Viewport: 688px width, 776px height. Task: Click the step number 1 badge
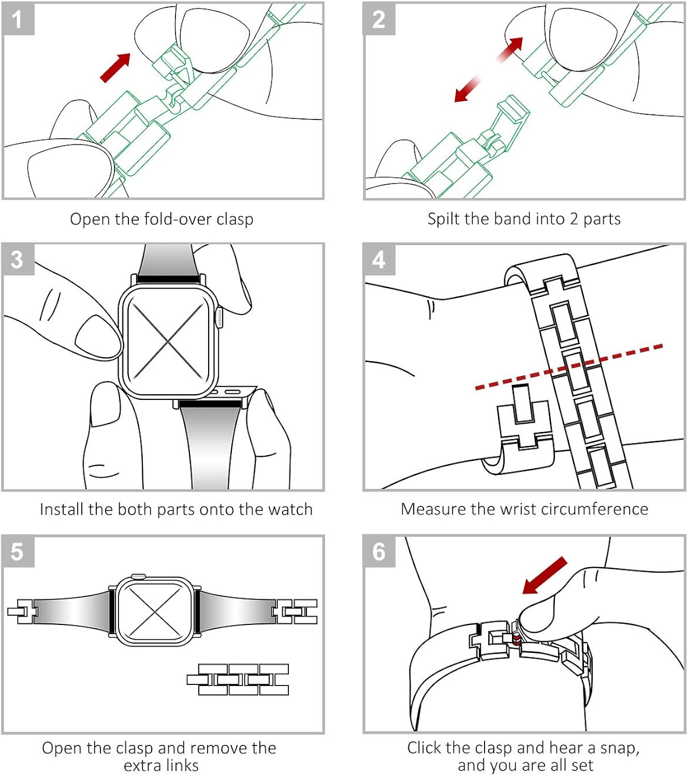coord(18,19)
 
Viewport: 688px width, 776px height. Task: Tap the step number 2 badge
coord(379,19)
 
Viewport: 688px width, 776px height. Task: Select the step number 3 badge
coord(18,259)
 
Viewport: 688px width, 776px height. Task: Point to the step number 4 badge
coord(379,259)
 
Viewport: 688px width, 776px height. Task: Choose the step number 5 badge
coord(18,551)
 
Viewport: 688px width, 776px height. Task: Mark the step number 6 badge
coord(379,551)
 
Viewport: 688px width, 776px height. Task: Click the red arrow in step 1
coord(115,68)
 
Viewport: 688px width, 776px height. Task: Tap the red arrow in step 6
coord(545,575)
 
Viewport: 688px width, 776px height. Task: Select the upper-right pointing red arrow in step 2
coord(510,50)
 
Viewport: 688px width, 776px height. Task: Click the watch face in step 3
coord(168,341)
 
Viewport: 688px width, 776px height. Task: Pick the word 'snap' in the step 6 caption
coord(619,748)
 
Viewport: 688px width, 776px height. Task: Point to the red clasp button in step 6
coord(516,639)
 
